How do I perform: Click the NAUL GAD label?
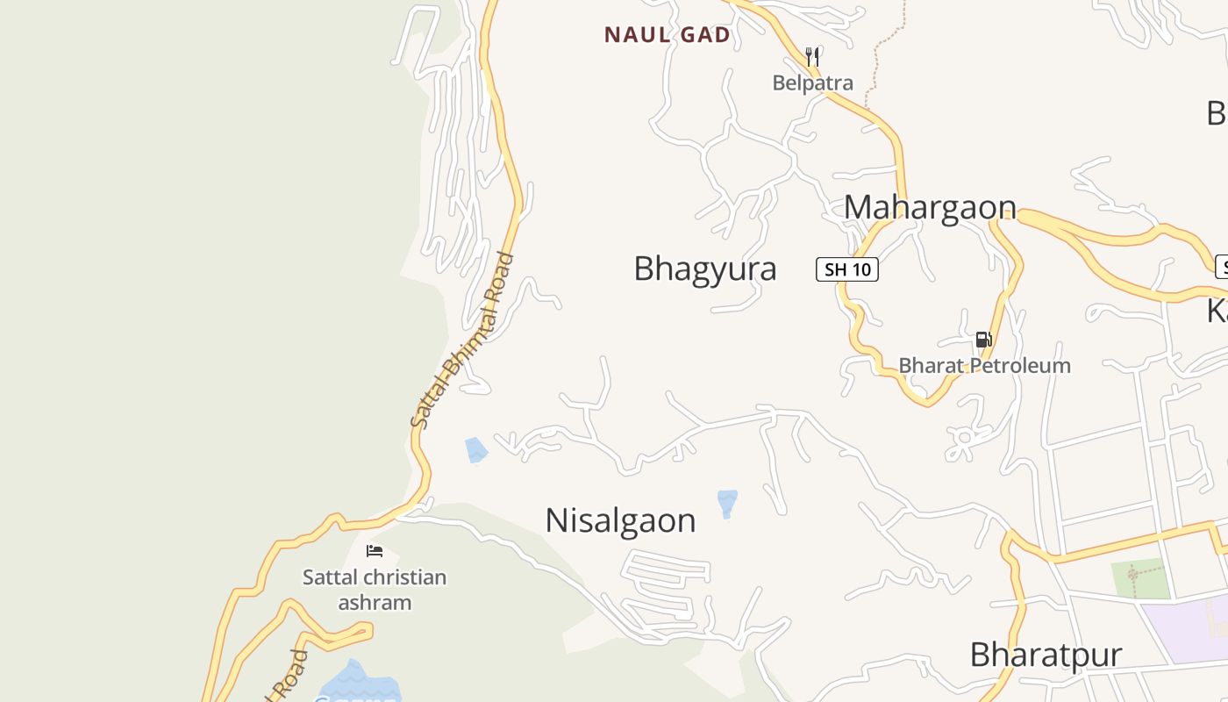click(667, 35)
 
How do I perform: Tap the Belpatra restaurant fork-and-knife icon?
click(812, 57)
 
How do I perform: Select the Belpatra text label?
click(812, 82)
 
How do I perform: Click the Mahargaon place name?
click(930, 207)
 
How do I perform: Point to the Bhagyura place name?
click(704, 269)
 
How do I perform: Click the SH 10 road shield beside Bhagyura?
click(846, 269)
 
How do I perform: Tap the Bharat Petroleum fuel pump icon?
click(983, 340)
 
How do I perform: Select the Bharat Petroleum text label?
click(984, 365)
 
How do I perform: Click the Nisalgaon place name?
click(620, 520)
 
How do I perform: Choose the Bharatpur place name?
click(1046, 655)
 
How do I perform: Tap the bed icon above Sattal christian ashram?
click(375, 551)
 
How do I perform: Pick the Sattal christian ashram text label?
click(375, 590)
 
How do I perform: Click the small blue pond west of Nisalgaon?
click(475, 449)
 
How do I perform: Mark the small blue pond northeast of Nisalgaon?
click(727, 503)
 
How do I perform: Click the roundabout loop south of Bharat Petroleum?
click(965, 436)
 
